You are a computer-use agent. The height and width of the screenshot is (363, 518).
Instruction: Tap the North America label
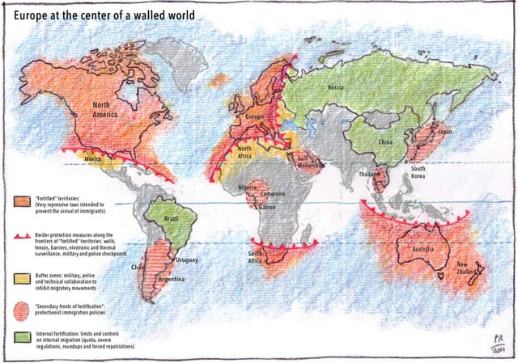pyautogui.click(x=112, y=112)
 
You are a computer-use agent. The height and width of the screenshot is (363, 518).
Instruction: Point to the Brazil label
pyautogui.click(x=170, y=219)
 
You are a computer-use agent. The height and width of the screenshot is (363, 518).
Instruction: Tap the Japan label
pyautogui.click(x=444, y=131)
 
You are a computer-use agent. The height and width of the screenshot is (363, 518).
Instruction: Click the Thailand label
pyautogui.click(x=371, y=175)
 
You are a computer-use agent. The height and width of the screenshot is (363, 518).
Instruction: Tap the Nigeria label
pyautogui.click(x=248, y=188)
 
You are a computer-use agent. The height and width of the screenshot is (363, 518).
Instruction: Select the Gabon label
pyautogui.click(x=269, y=207)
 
